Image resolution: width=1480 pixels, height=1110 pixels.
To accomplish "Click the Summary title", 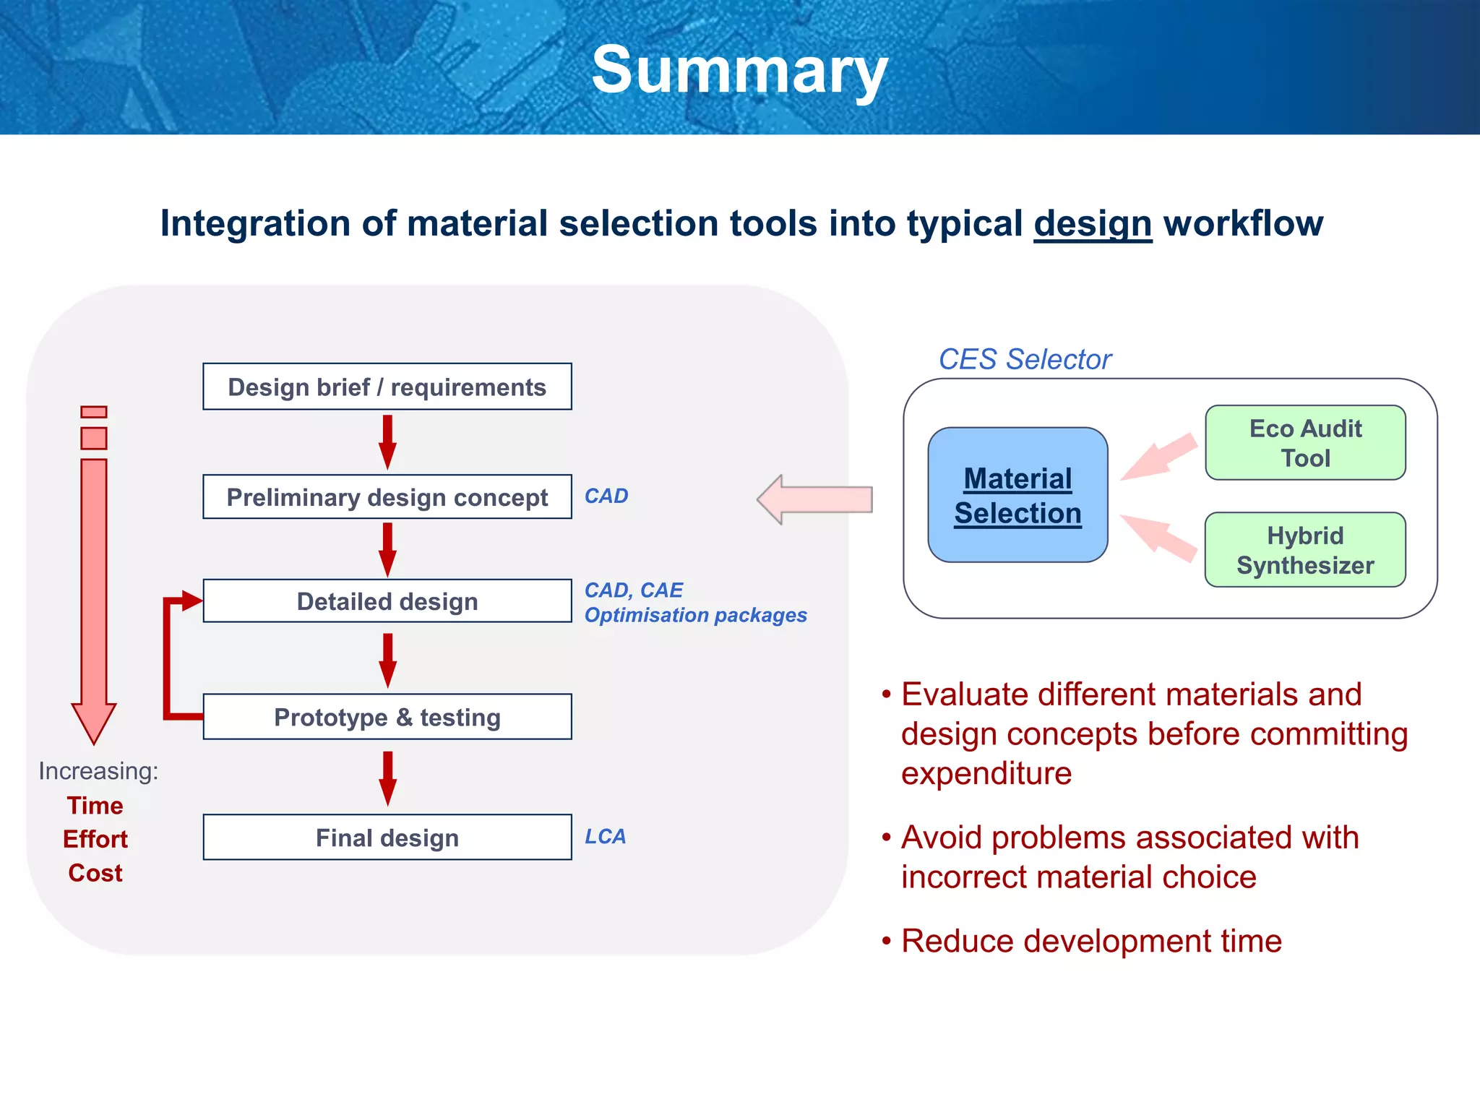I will (739, 70).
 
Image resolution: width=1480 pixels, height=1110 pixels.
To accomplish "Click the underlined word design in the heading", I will (1092, 224).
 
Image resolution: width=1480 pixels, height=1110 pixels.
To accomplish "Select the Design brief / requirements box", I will (387, 387).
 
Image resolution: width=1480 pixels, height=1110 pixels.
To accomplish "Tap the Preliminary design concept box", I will (387, 497).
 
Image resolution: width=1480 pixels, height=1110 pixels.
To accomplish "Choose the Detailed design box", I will (387, 601).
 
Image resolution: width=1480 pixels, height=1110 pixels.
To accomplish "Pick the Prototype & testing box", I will (387, 717).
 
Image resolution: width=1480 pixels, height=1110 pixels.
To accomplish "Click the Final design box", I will (387, 838).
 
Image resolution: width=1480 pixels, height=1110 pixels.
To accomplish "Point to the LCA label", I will (605, 837).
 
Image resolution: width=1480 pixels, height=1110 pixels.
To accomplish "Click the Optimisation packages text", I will (695, 615).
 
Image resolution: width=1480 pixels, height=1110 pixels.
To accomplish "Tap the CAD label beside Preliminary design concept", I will (606, 496).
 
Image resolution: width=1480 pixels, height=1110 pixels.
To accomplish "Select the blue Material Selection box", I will (1017, 496).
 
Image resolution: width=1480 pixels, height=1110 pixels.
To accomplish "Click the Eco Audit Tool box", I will (1305, 443).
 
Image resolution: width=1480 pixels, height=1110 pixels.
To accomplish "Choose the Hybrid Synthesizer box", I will (1305, 551).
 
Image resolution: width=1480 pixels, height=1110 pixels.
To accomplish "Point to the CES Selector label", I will (1025, 359).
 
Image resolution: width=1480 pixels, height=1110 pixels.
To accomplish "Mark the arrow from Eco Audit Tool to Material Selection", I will (1158, 457).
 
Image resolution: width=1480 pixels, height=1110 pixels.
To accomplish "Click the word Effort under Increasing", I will (95, 839).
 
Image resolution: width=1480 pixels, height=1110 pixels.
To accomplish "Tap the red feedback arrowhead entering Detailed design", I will (191, 601).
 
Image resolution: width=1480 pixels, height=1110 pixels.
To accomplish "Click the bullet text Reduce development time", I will (1091, 942).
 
